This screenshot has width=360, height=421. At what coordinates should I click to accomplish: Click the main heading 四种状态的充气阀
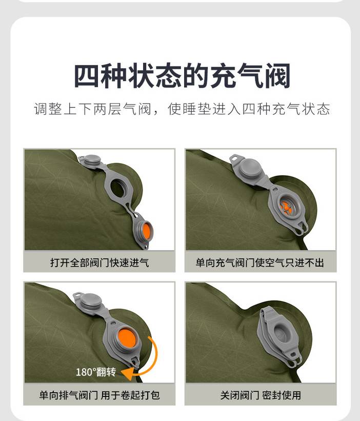pos(182,75)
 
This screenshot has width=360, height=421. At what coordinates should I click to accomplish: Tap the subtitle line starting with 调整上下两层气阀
pos(182,109)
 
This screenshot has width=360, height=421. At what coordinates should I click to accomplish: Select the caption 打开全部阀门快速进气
pos(99,263)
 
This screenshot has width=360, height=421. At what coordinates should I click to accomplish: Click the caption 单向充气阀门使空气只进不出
pos(259,263)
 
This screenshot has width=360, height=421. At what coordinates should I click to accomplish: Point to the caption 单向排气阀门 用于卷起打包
pos(99,395)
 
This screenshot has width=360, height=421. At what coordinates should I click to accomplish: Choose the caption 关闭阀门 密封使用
pos(261,395)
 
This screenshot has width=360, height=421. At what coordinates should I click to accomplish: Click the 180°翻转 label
pos(96,372)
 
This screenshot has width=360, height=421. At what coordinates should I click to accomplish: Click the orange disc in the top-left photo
pos(147,231)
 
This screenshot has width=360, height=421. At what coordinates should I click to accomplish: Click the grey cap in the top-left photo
pos(92,160)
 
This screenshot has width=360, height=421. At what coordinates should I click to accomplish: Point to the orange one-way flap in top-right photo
pos(285,207)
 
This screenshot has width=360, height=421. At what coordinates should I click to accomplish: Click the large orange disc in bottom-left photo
pos(127,338)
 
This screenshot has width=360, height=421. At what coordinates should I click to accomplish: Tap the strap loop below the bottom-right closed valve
pos(294,359)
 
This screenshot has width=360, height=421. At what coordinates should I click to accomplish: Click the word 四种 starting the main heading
pos(99,75)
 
